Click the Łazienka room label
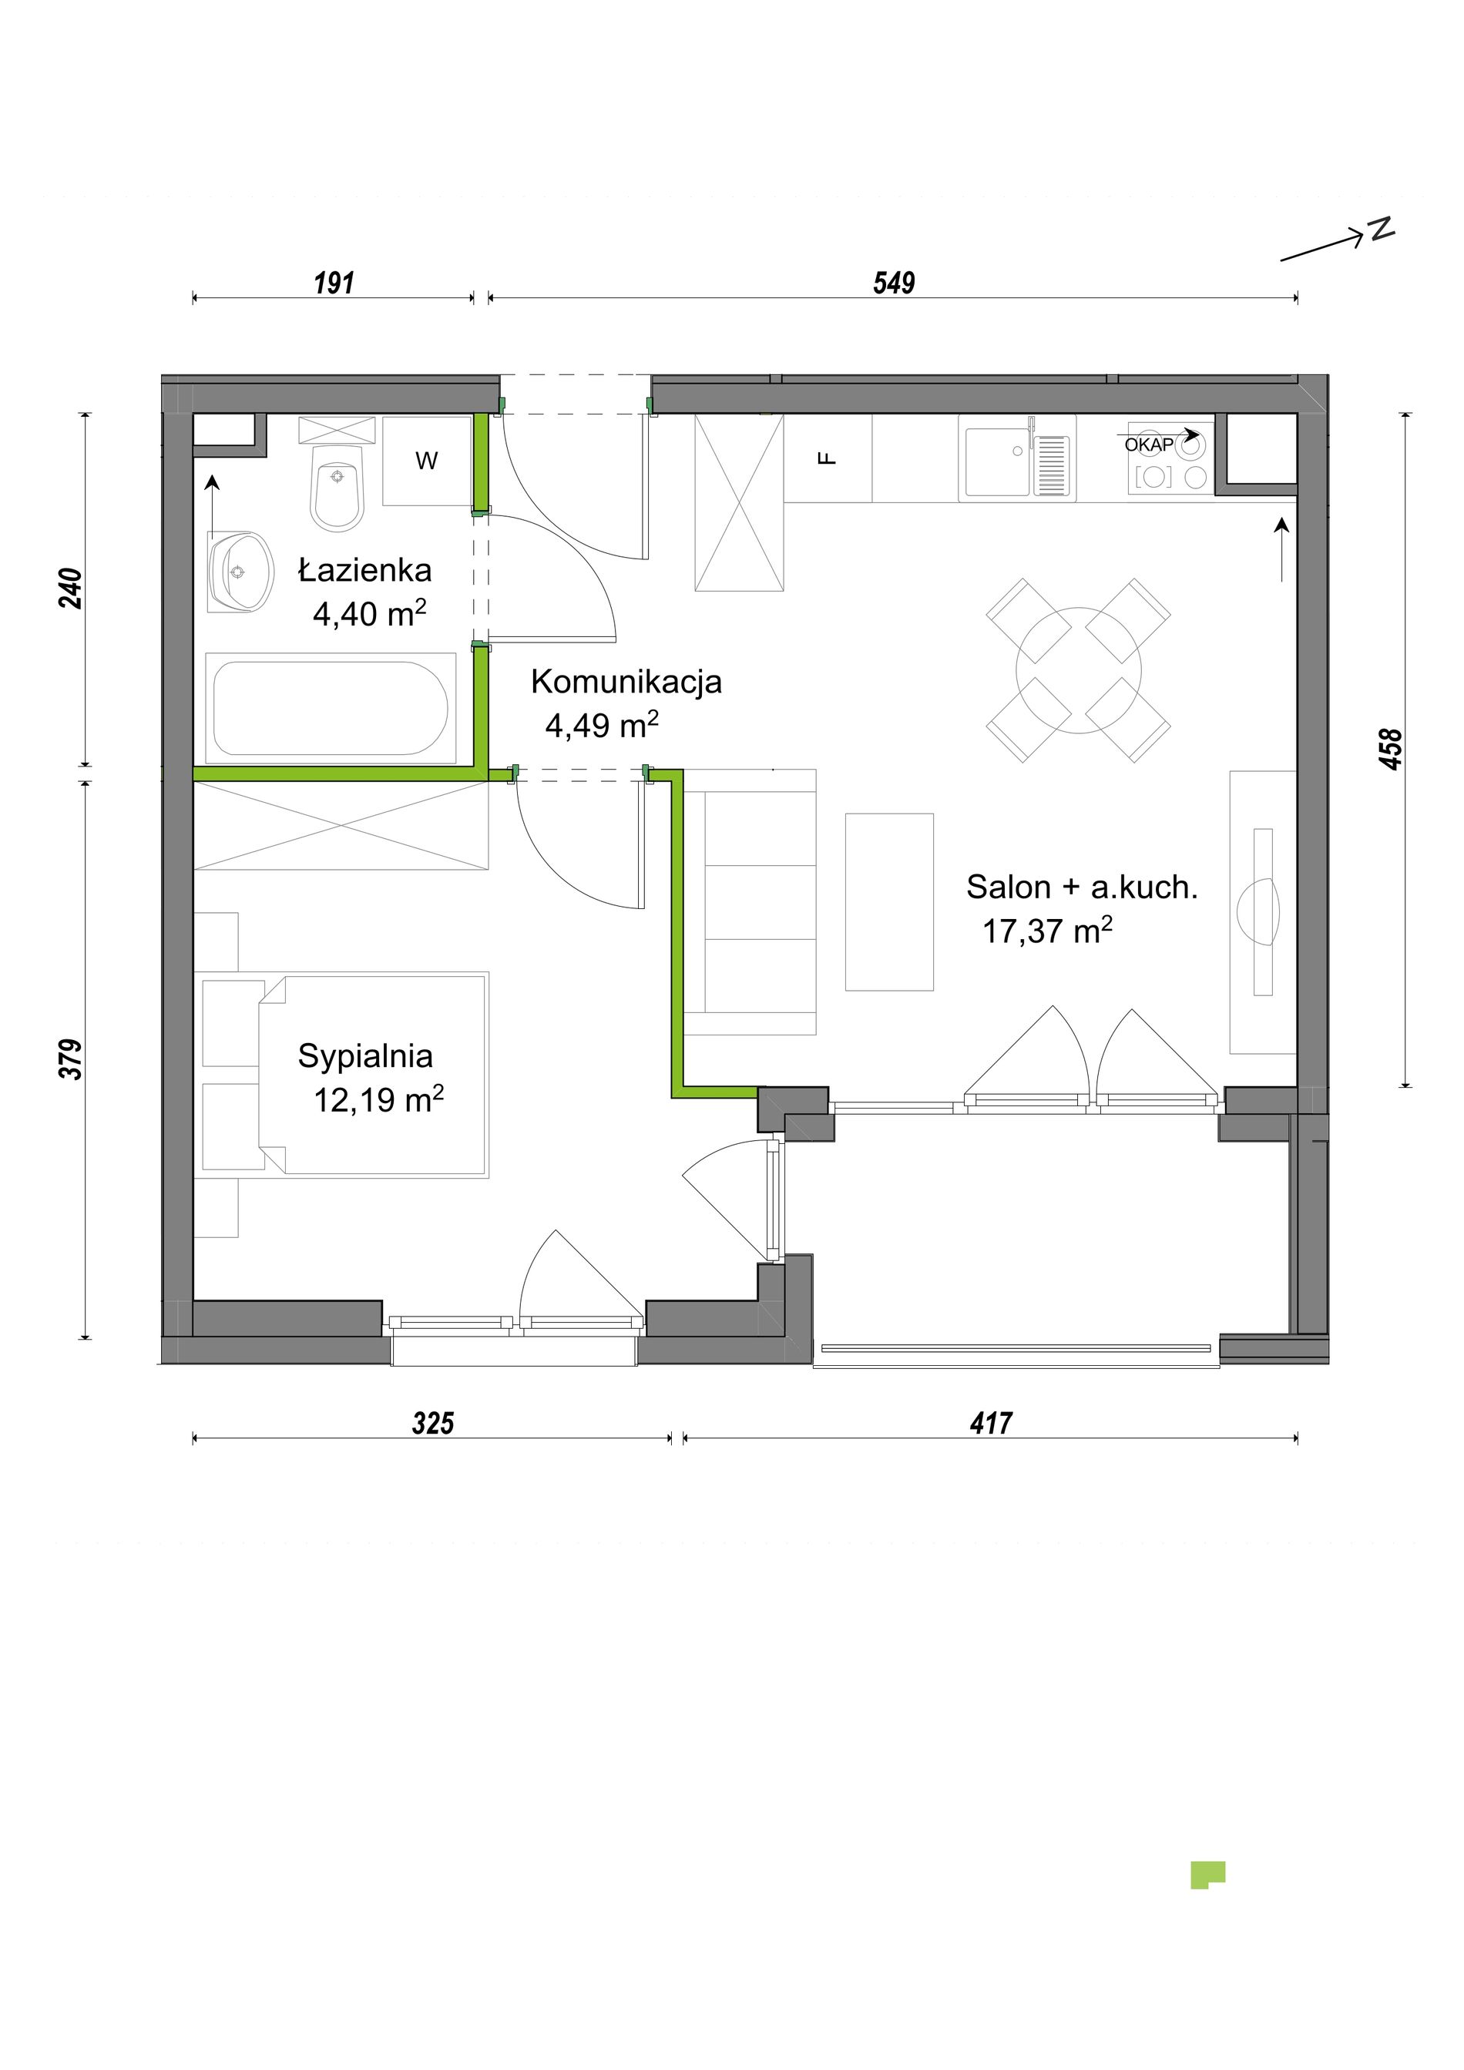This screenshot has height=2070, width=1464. pos(365,570)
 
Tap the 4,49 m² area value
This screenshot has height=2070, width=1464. pos(601,724)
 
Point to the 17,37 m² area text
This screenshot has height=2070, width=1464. pos(1046,931)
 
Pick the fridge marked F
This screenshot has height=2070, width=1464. pos(828,458)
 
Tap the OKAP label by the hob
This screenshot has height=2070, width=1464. pos(1149,445)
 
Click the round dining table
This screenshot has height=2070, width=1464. pos(1078,670)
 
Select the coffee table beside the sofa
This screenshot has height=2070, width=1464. pos(889,901)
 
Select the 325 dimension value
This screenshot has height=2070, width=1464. pos(433,1423)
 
